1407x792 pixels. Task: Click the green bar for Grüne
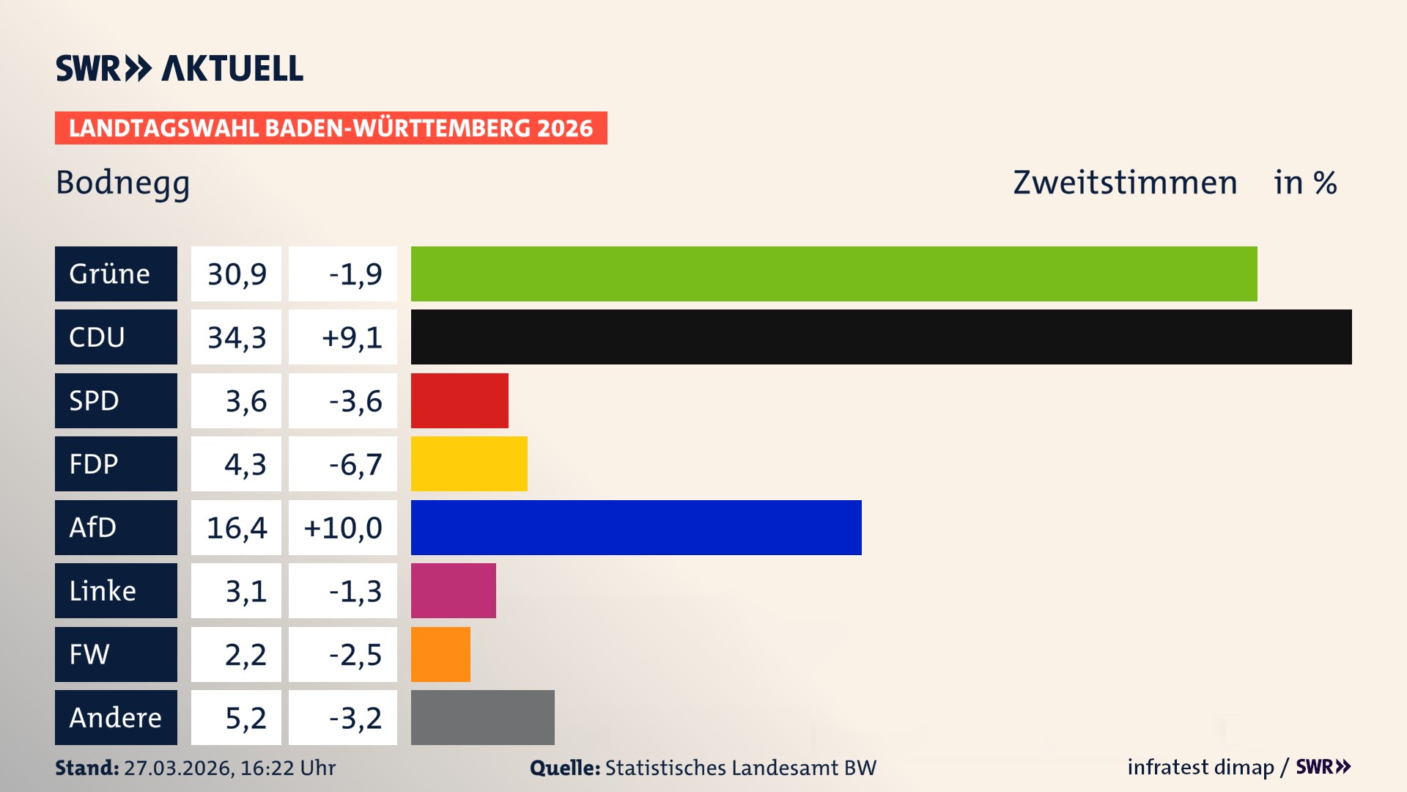coord(834,274)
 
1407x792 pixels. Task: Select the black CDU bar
coord(881,337)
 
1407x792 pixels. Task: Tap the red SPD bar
coord(459,400)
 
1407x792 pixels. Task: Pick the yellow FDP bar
coord(469,463)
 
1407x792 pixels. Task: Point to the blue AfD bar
coord(636,527)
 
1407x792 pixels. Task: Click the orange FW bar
coord(440,654)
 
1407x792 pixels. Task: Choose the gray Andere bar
coord(482,717)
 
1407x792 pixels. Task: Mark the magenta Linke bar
coord(453,590)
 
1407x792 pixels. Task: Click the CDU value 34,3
coord(236,337)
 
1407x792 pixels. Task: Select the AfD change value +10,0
coord(342,528)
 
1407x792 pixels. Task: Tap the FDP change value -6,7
coord(355,464)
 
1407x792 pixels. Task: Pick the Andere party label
coord(116,717)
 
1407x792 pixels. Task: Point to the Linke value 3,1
coord(245,591)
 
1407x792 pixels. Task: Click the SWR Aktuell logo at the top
coord(179,68)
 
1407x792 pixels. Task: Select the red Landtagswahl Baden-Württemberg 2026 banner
coord(330,128)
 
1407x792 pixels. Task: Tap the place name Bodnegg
coord(122,183)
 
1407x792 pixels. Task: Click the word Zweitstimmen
coord(1124,183)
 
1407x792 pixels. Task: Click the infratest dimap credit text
coord(1200,767)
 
